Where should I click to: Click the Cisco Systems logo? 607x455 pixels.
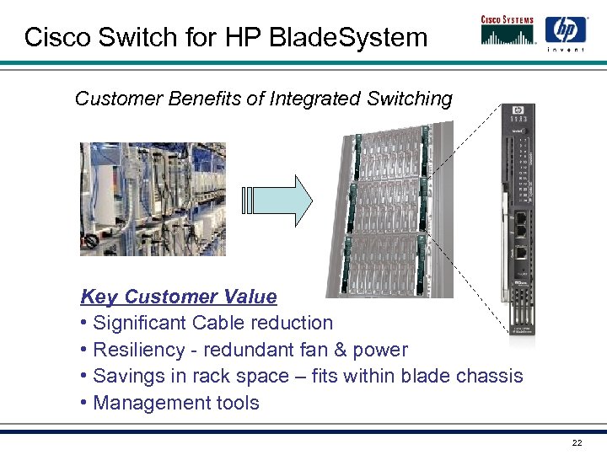pos(508,30)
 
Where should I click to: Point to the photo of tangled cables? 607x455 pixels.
pos(153,198)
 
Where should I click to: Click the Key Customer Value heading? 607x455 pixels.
pos(178,297)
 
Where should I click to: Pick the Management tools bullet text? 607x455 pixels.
pos(176,403)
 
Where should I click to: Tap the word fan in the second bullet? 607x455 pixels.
pos(317,350)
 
